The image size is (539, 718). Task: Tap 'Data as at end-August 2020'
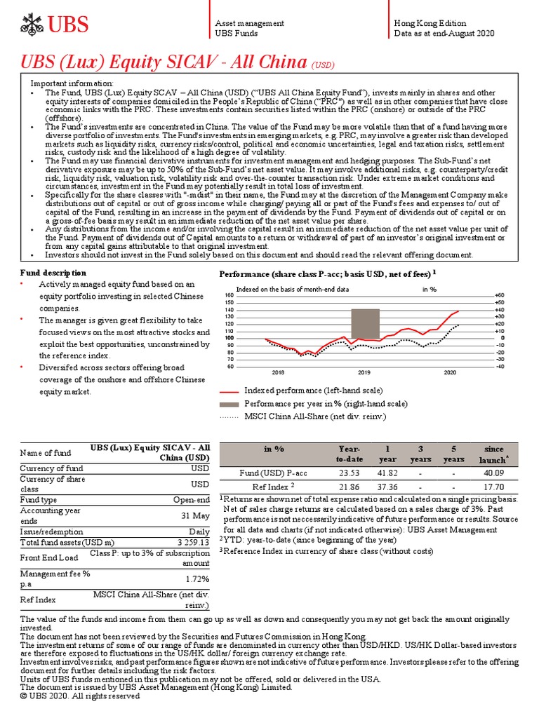(x=444, y=33)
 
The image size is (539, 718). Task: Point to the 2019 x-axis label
(x=364, y=372)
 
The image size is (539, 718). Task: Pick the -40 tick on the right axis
(x=499, y=366)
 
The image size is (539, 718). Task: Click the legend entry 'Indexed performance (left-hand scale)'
(x=312, y=390)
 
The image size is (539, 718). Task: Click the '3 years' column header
(x=420, y=454)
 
